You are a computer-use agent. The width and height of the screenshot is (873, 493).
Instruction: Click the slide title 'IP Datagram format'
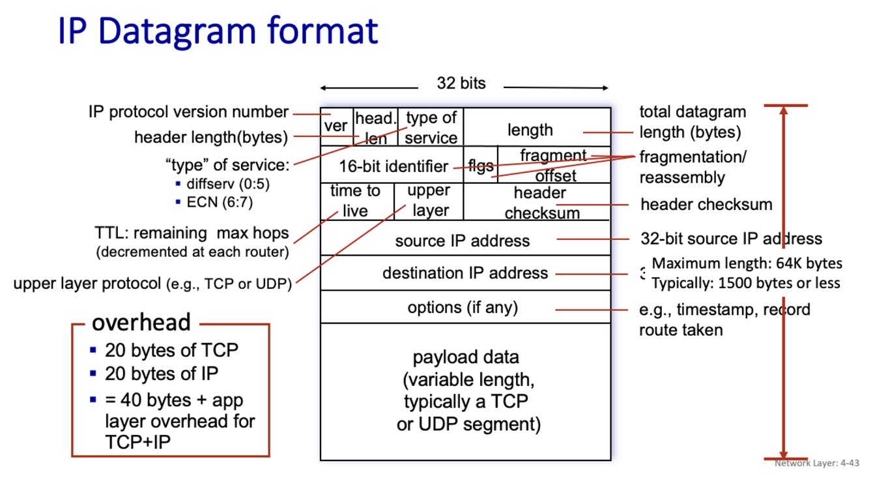[218, 31]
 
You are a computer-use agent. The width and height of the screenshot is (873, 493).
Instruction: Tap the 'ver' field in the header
[336, 126]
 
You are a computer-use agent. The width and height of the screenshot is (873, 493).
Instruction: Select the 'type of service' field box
[431, 127]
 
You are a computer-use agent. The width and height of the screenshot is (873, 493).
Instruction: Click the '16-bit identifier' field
[393, 166]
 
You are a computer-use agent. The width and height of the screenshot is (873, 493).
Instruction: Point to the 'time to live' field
[356, 201]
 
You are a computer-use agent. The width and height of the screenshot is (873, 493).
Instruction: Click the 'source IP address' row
[462, 241]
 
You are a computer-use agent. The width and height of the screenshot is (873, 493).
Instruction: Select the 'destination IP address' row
[465, 273]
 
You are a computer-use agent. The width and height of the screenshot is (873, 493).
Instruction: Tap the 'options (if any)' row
[463, 306]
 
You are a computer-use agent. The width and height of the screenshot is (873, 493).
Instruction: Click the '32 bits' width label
[461, 83]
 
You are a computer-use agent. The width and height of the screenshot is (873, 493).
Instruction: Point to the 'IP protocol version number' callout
[188, 112]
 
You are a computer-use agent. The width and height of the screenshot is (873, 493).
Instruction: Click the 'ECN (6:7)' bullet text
[220, 202]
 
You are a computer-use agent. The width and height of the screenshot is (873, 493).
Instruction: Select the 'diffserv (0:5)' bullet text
[227, 184]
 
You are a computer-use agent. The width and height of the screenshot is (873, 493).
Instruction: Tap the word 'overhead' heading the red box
[141, 322]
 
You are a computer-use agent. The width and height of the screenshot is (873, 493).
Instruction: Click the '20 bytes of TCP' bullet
[171, 350]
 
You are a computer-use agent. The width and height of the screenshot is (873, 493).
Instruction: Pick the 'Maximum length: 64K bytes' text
[747, 264]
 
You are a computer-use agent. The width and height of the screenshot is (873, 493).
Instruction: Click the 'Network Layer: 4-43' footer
[817, 463]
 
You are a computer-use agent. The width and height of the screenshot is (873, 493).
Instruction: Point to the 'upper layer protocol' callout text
[152, 284]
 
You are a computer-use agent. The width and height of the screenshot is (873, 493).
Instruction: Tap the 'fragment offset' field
[554, 166]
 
